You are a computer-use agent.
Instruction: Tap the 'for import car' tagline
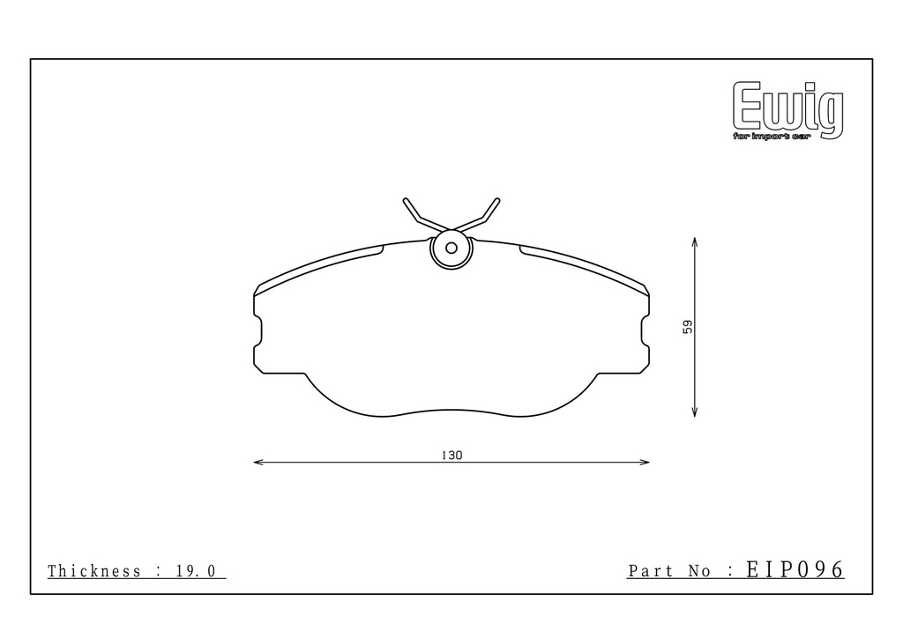[x=772, y=137]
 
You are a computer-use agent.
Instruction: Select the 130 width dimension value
[x=452, y=455]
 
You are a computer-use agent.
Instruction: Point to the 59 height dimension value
[x=688, y=327]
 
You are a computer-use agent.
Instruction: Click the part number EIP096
[x=795, y=569]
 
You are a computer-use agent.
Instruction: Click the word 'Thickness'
[x=93, y=571]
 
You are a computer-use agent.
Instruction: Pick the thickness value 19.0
[x=196, y=571]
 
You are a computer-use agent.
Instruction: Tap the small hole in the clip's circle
[x=451, y=248]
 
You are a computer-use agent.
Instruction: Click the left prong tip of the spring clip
[x=406, y=201]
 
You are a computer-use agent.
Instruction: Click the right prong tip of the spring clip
[x=497, y=201]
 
